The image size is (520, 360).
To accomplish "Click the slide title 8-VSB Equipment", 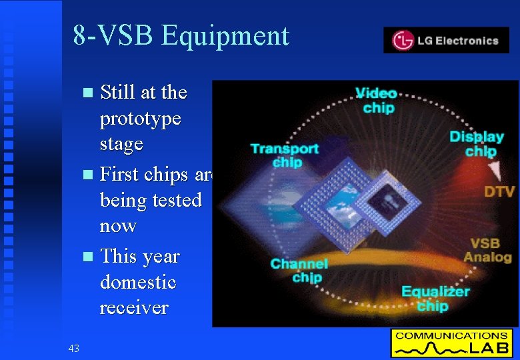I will tap(181, 35).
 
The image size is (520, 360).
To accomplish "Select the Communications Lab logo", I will tap(452, 343).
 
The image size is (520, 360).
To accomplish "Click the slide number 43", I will tap(73, 348).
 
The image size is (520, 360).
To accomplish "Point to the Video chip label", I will tap(377, 101).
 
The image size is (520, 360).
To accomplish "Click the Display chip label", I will tap(476, 143).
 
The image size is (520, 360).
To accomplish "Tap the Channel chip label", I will tap(299, 271).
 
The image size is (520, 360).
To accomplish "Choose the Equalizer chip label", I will tap(435, 299).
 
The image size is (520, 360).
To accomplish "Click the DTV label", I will tap(499, 192).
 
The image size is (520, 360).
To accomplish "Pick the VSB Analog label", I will tap(487, 250).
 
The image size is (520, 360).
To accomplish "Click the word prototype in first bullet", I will tap(140, 119).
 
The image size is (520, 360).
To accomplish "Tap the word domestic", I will tap(138, 282).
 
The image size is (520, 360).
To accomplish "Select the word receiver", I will tap(134, 307).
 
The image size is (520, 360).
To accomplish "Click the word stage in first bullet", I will tap(121, 144).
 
